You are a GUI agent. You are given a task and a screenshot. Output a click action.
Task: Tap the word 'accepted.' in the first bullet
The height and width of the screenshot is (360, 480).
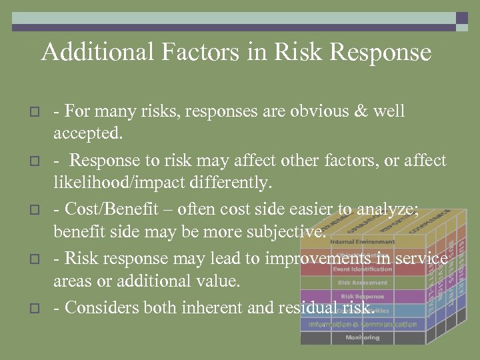click(88, 133)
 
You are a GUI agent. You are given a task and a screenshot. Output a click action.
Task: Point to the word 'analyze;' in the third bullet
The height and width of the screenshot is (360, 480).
click(389, 209)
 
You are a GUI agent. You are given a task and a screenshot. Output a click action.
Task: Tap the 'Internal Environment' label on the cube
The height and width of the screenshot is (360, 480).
click(363, 241)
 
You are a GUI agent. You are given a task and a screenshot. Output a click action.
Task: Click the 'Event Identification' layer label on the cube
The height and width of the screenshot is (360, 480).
click(363, 269)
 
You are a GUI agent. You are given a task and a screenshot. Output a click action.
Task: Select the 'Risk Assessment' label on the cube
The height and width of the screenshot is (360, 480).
click(363, 283)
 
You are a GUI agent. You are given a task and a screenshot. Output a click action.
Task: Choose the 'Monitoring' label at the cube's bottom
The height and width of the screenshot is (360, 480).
click(363, 337)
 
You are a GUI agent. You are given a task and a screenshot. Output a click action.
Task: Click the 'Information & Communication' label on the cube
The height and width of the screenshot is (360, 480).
click(363, 324)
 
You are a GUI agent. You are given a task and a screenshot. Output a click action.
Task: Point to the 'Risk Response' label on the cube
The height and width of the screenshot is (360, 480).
click(363, 296)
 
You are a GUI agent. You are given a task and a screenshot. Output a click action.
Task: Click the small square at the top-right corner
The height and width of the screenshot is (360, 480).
click(461, 18)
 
